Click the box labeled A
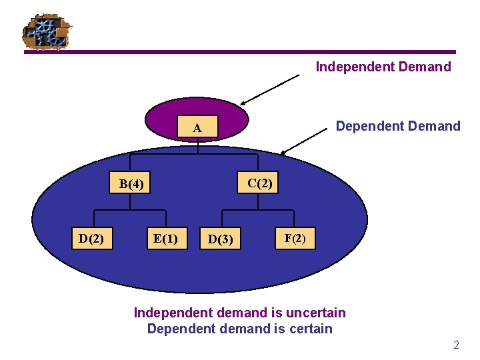pyautogui.click(x=197, y=127)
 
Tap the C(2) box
pyautogui.click(x=259, y=183)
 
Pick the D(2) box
pyautogui.click(x=91, y=238)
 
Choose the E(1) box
pyautogui.click(x=165, y=238)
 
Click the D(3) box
pyautogui.click(x=221, y=239)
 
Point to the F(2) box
pyautogui.click(x=295, y=237)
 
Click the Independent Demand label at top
pyautogui.click(x=383, y=67)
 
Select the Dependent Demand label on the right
pyautogui.click(x=398, y=126)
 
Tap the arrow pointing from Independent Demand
pyautogui.click(x=270, y=89)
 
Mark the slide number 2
pyautogui.click(x=456, y=345)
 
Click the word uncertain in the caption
pyautogui.click(x=317, y=312)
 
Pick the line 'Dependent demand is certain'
pyautogui.click(x=239, y=328)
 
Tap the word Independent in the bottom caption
pyautogui.click(x=173, y=312)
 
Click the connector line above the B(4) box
pyautogui.click(x=131, y=163)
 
